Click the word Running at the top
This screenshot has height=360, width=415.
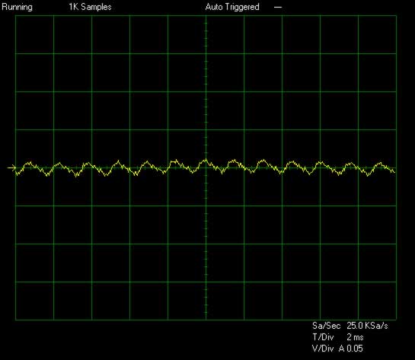(x=18, y=8)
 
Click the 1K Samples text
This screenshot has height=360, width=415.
(x=91, y=7)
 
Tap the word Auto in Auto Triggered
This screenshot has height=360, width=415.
(x=213, y=7)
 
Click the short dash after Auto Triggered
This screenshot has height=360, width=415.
(x=278, y=8)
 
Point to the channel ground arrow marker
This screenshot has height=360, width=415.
(x=11, y=167)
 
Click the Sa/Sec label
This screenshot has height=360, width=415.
(x=327, y=326)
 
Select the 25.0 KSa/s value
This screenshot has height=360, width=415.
(x=367, y=326)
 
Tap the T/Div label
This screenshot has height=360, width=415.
(x=323, y=337)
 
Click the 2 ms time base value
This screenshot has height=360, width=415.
(x=355, y=337)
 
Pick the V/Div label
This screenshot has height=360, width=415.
(x=323, y=349)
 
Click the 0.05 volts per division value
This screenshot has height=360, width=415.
(x=355, y=349)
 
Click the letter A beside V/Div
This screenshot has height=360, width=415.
(x=342, y=349)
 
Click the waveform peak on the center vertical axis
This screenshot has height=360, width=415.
(x=206, y=160)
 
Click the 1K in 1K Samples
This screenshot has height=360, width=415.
(x=74, y=7)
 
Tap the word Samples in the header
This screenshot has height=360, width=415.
(x=97, y=7)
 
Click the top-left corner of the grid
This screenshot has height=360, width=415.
(x=16, y=16)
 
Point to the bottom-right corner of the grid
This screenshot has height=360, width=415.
(x=396, y=320)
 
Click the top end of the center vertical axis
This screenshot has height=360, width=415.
(x=206, y=16)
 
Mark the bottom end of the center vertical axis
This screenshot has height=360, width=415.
(x=206, y=320)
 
